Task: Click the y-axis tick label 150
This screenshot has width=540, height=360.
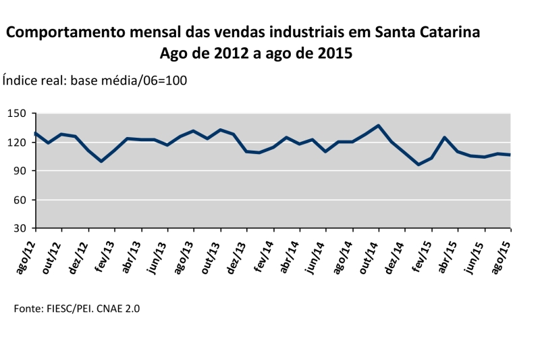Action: coord(17,113)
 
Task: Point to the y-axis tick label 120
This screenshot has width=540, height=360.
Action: coord(17,143)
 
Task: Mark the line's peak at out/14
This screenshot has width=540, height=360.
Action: coord(379,126)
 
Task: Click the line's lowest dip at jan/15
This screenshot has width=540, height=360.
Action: coord(418,165)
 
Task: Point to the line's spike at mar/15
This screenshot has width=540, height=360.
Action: coord(445,138)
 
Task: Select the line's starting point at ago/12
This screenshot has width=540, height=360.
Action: coord(36,133)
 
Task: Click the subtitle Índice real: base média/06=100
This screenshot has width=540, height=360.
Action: coord(95,80)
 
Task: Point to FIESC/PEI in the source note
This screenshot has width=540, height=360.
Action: coord(66,309)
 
